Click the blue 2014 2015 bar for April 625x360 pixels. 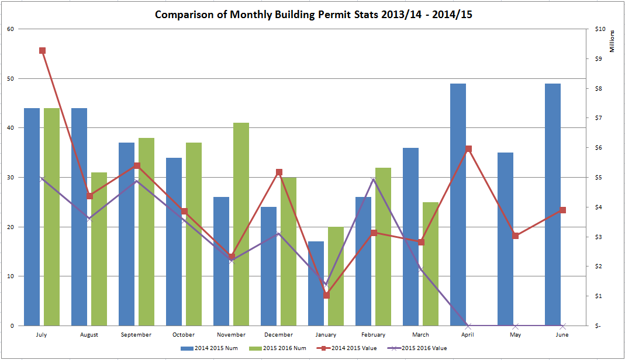point(458,205)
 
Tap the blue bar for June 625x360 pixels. point(553,205)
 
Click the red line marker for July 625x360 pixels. point(42,51)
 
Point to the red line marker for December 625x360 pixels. point(279,172)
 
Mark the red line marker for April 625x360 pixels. point(468,149)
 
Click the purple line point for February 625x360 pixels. point(373,179)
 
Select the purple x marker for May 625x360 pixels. point(516,326)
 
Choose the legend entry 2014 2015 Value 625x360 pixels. point(351,348)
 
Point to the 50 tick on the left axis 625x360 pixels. point(11,78)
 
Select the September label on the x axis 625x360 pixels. point(137,335)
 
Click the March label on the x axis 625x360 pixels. point(420,335)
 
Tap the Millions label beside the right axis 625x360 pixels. point(612,41)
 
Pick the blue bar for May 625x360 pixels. point(505,239)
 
